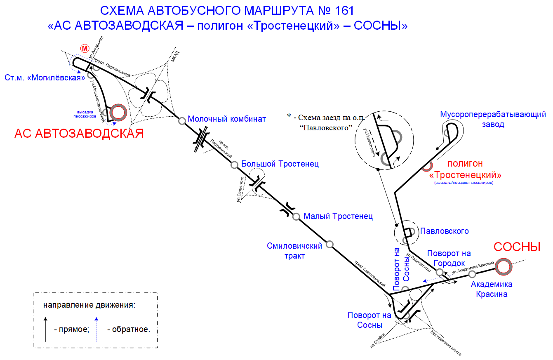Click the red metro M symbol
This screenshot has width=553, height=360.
point(85,48)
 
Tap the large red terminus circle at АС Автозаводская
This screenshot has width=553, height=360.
point(118,113)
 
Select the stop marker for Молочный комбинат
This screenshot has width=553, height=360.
point(182,121)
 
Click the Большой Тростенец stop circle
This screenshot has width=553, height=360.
point(234,165)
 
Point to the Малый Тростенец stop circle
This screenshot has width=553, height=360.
point(296,216)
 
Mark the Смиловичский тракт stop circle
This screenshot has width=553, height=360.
point(329,245)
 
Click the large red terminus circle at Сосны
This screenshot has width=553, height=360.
point(504,267)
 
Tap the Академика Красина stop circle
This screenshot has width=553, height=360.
point(472,274)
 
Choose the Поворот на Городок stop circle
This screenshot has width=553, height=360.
point(440,272)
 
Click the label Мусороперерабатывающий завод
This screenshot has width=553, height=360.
point(493,119)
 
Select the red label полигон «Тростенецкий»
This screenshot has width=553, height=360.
point(465,169)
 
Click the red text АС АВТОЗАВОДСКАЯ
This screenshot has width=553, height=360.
point(79,134)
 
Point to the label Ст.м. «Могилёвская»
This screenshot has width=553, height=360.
point(45,78)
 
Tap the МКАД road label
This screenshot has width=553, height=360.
point(175,56)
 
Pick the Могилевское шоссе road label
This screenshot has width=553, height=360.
point(446,343)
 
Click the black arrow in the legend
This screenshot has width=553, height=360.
point(45,329)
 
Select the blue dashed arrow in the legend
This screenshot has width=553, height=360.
point(96,329)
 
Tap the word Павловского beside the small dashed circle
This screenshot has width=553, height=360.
point(445,231)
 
